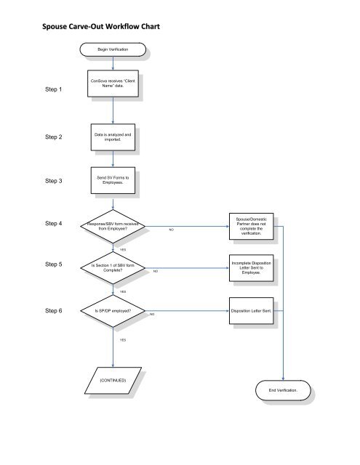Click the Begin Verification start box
point(113,51)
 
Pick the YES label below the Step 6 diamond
point(123,340)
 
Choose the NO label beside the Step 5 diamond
point(156,272)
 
